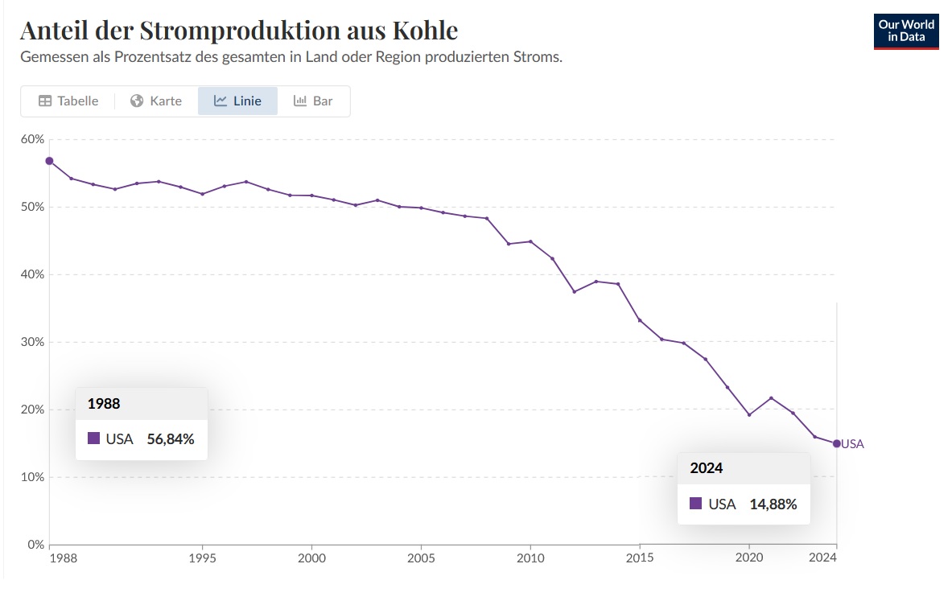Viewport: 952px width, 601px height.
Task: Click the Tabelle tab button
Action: (x=68, y=101)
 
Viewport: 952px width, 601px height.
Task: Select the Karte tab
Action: (x=156, y=101)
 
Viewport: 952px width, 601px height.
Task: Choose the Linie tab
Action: (x=237, y=101)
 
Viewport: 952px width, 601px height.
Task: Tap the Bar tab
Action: (x=313, y=101)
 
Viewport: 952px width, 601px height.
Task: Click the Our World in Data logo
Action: (x=906, y=31)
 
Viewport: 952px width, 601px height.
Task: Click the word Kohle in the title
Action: (x=425, y=31)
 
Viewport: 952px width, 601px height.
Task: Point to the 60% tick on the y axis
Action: (x=33, y=139)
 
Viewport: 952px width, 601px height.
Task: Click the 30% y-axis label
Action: (x=33, y=342)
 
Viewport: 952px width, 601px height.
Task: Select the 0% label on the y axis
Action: (x=35, y=545)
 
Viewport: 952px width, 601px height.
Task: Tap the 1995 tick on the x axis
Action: (x=202, y=558)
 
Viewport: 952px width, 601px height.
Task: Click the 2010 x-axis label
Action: (x=530, y=558)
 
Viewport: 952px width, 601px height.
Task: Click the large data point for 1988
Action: (x=49, y=161)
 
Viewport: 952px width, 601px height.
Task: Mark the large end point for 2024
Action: (x=837, y=443)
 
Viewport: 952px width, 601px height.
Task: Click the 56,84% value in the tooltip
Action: (x=171, y=439)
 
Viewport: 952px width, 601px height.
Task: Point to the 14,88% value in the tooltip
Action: (x=773, y=504)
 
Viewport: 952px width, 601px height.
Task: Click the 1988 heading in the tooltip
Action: (x=104, y=404)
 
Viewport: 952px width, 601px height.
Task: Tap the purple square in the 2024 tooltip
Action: (x=695, y=504)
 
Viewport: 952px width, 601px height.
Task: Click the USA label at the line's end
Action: (x=853, y=444)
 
